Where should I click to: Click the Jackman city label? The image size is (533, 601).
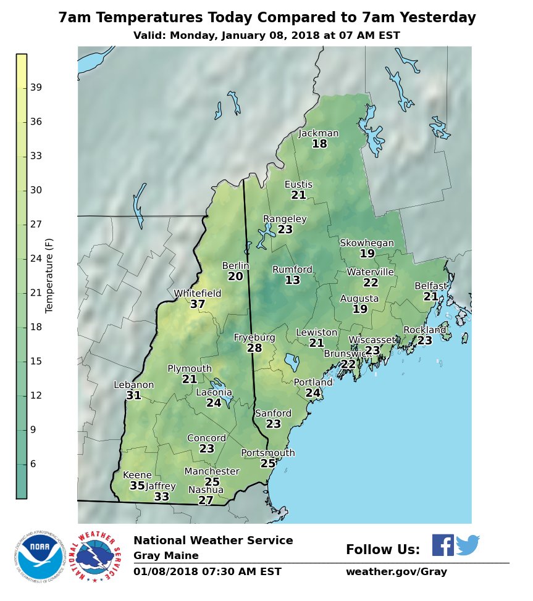(x=319, y=133)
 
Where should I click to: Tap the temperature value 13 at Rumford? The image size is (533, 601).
(x=292, y=280)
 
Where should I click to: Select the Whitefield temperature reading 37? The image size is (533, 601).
(x=198, y=304)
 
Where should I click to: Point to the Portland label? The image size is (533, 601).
(x=313, y=383)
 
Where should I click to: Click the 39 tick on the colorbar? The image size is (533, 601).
(x=36, y=88)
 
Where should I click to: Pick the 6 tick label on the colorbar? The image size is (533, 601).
(x=33, y=464)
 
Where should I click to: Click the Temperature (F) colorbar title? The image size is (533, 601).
(x=49, y=275)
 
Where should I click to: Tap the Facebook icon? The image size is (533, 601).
(x=442, y=545)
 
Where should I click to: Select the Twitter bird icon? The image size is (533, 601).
(x=468, y=545)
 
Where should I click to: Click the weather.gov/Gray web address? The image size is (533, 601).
(x=396, y=572)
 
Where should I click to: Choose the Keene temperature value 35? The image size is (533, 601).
(x=137, y=486)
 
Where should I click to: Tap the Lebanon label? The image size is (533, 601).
(x=134, y=385)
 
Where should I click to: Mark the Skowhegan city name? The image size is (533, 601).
(x=367, y=243)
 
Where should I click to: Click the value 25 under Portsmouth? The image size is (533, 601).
(x=268, y=463)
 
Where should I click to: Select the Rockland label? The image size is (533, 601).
(x=425, y=330)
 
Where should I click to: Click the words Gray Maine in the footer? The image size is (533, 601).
(x=166, y=556)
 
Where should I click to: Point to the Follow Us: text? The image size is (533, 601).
(x=382, y=550)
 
